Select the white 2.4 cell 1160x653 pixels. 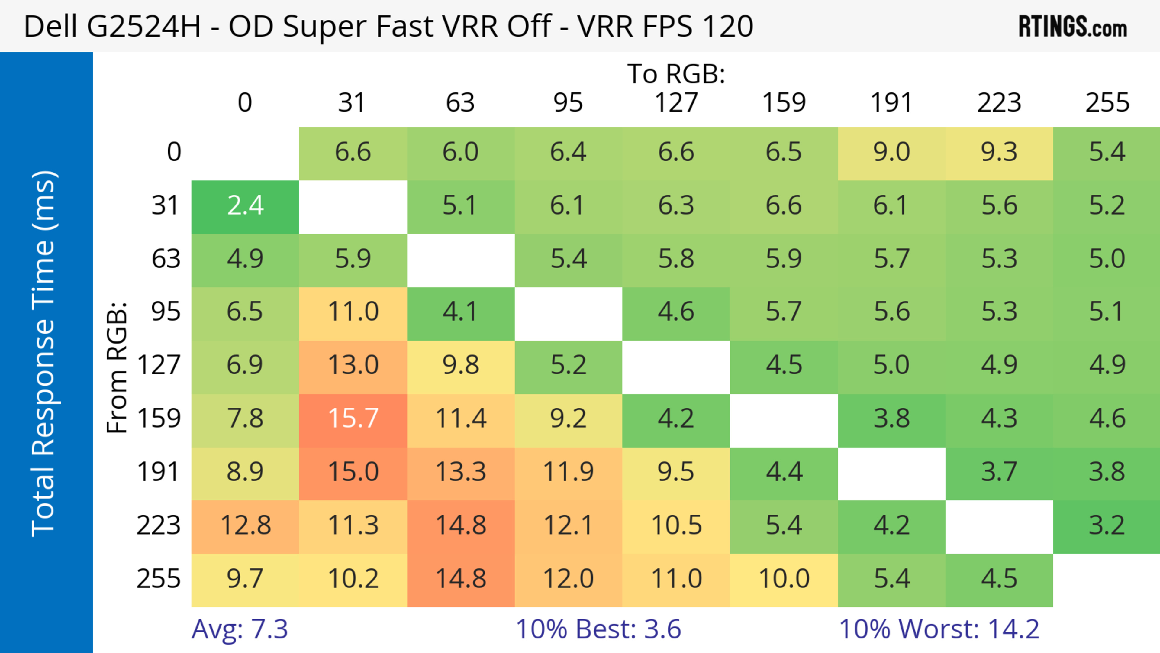point(245,206)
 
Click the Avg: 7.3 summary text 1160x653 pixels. point(240,629)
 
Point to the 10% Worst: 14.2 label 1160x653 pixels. point(939,629)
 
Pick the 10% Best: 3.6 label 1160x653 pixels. point(598,629)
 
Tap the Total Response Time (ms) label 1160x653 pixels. point(44,354)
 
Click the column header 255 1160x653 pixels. point(1107,103)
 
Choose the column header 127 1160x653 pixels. point(676,103)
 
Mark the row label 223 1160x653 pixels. point(159,525)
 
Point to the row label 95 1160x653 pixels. point(166,312)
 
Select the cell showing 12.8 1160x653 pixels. point(245,525)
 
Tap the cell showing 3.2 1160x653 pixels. point(1107,525)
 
